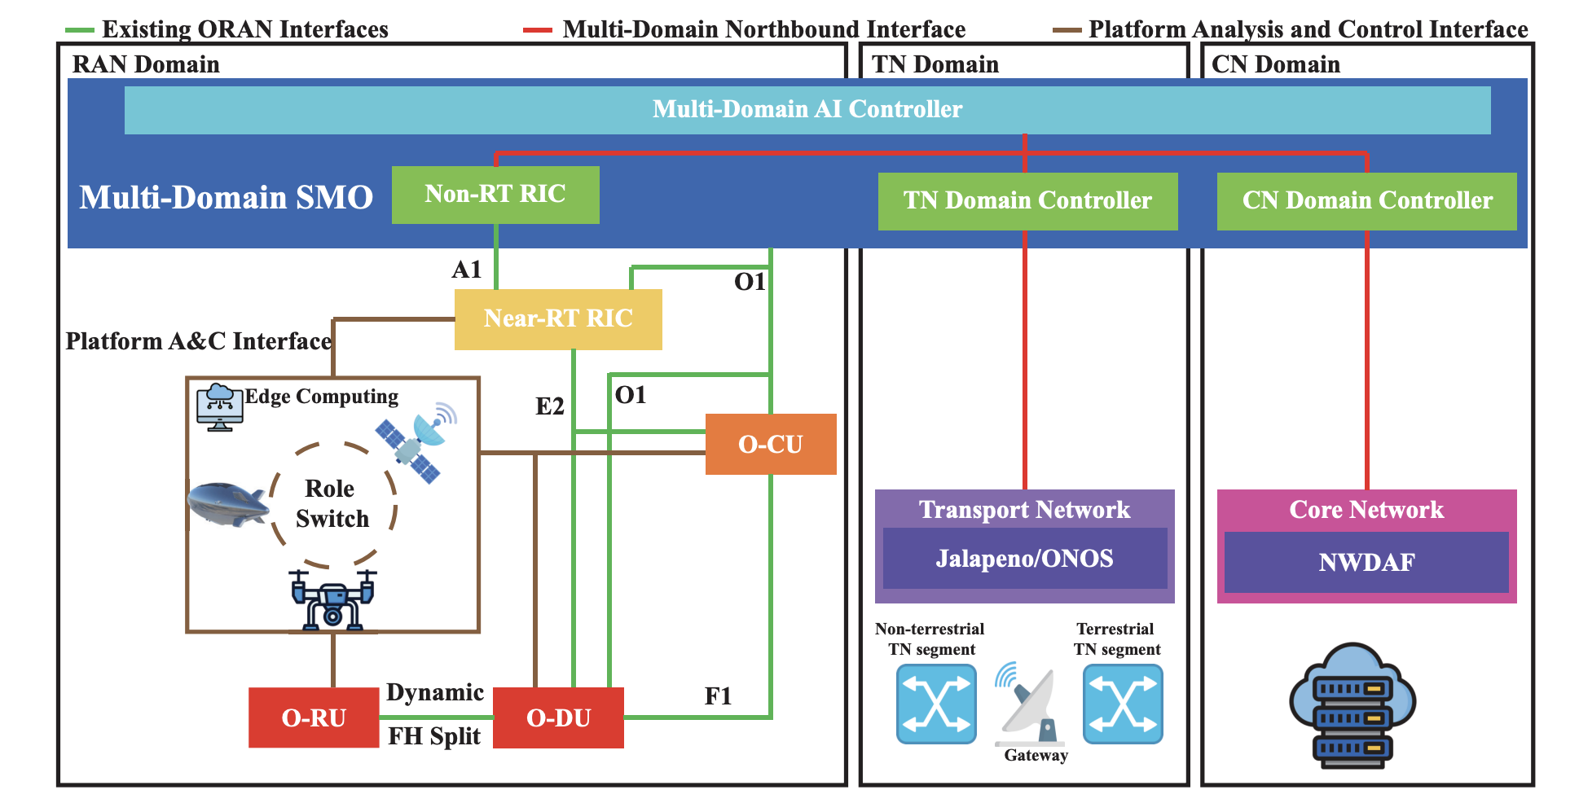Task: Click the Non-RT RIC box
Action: (495, 195)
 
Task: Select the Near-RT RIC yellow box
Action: (558, 318)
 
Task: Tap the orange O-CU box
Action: (770, 444)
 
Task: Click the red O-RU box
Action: (314, 717)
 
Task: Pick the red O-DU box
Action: (559, 717)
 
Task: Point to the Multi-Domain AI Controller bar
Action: (807, 110)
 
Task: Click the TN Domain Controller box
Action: (1027, 201)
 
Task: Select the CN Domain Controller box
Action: (1366, 201)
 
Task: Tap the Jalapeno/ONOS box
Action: (1024, 559)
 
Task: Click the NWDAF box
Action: (1366, 562)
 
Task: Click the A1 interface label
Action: (467, 270)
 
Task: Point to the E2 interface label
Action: (550, 406)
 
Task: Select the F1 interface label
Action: (718, 696)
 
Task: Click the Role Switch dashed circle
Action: (332, 504)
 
